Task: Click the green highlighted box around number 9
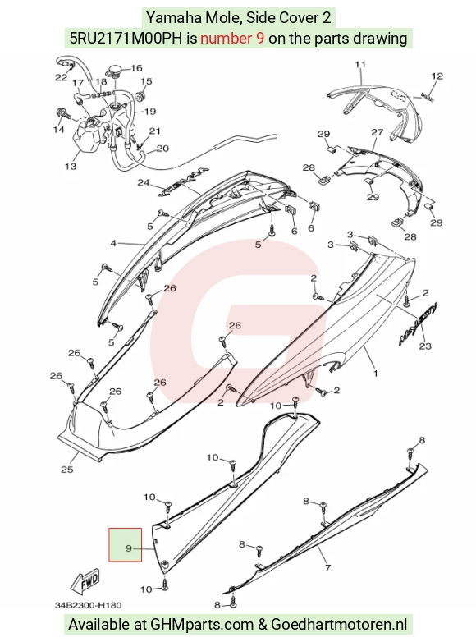click(126, 544)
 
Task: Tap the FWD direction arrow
click(85, 582)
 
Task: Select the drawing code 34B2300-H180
click(89, 605)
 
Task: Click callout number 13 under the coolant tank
click(71, 166)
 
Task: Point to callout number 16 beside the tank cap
click(136, 68)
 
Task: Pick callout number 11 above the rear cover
click(360, 64)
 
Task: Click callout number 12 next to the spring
click(437, 76)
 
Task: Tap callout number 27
click(377, 132)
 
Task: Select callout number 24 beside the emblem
click(144, 182)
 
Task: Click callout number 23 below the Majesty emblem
click(425, 346)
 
